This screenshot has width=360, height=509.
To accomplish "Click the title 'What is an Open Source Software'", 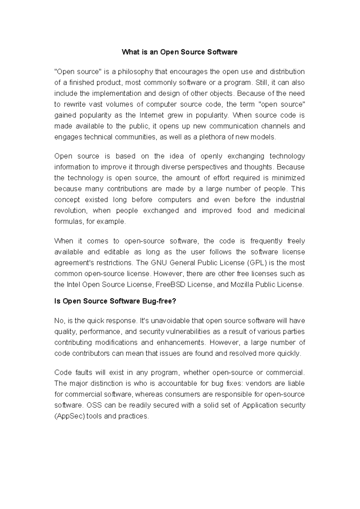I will pos(179,52).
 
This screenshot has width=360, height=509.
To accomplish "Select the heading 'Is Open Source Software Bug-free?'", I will pos(115,301).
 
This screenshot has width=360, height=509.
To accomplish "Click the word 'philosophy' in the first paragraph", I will pos(135,72).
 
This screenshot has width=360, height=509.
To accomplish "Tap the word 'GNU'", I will pos(158,263).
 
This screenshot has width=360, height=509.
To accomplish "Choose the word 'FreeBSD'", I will pos(170,285).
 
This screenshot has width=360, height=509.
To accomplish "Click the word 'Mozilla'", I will pos(241,285).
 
